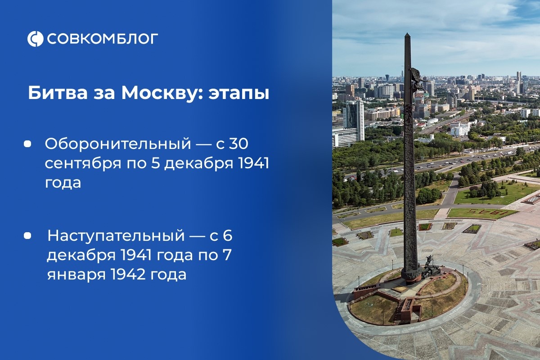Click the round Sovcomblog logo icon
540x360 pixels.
coord(35,39)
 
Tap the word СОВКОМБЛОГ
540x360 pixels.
coord(103,39)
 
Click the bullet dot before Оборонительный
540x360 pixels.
coord(27,144)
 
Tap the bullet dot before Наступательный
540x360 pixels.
coord(27,235)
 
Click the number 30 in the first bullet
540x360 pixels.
coord(238,144)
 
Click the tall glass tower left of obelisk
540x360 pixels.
coord(354,119)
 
